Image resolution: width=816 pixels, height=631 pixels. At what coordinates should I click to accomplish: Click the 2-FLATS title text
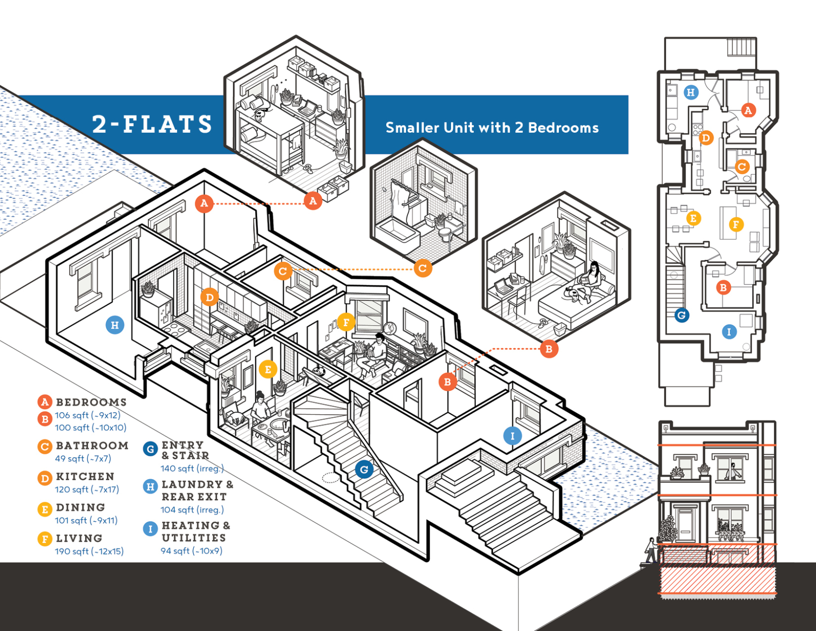[152, 124]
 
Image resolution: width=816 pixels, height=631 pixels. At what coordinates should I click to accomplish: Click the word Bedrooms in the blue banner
[563, 128]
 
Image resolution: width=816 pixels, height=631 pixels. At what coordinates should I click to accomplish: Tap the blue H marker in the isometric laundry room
[115, 325]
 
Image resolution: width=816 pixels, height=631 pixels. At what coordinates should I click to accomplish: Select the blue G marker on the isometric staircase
[364, 469]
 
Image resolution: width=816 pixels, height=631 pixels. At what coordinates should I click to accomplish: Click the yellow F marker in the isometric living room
[346, 322]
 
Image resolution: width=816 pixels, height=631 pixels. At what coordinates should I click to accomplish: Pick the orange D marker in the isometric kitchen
[209, 297]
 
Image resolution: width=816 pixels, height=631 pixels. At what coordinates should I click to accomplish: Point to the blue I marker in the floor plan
[729, 332]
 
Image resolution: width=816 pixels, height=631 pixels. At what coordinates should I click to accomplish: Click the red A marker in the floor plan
[748, 110]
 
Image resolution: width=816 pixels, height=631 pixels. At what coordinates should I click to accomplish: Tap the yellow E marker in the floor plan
[693, 218]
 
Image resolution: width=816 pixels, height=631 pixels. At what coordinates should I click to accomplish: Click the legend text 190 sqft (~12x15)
[89, 551]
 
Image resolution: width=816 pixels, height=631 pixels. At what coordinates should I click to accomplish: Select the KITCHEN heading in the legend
[85, 477]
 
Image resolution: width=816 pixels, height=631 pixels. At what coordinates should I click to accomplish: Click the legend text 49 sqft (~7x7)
[83, 458]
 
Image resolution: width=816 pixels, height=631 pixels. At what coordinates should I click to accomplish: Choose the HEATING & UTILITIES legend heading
[194, 531]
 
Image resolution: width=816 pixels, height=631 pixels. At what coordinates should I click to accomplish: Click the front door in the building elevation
[685, 525]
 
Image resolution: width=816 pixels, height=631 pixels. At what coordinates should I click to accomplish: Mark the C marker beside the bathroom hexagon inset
[422, 268]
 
